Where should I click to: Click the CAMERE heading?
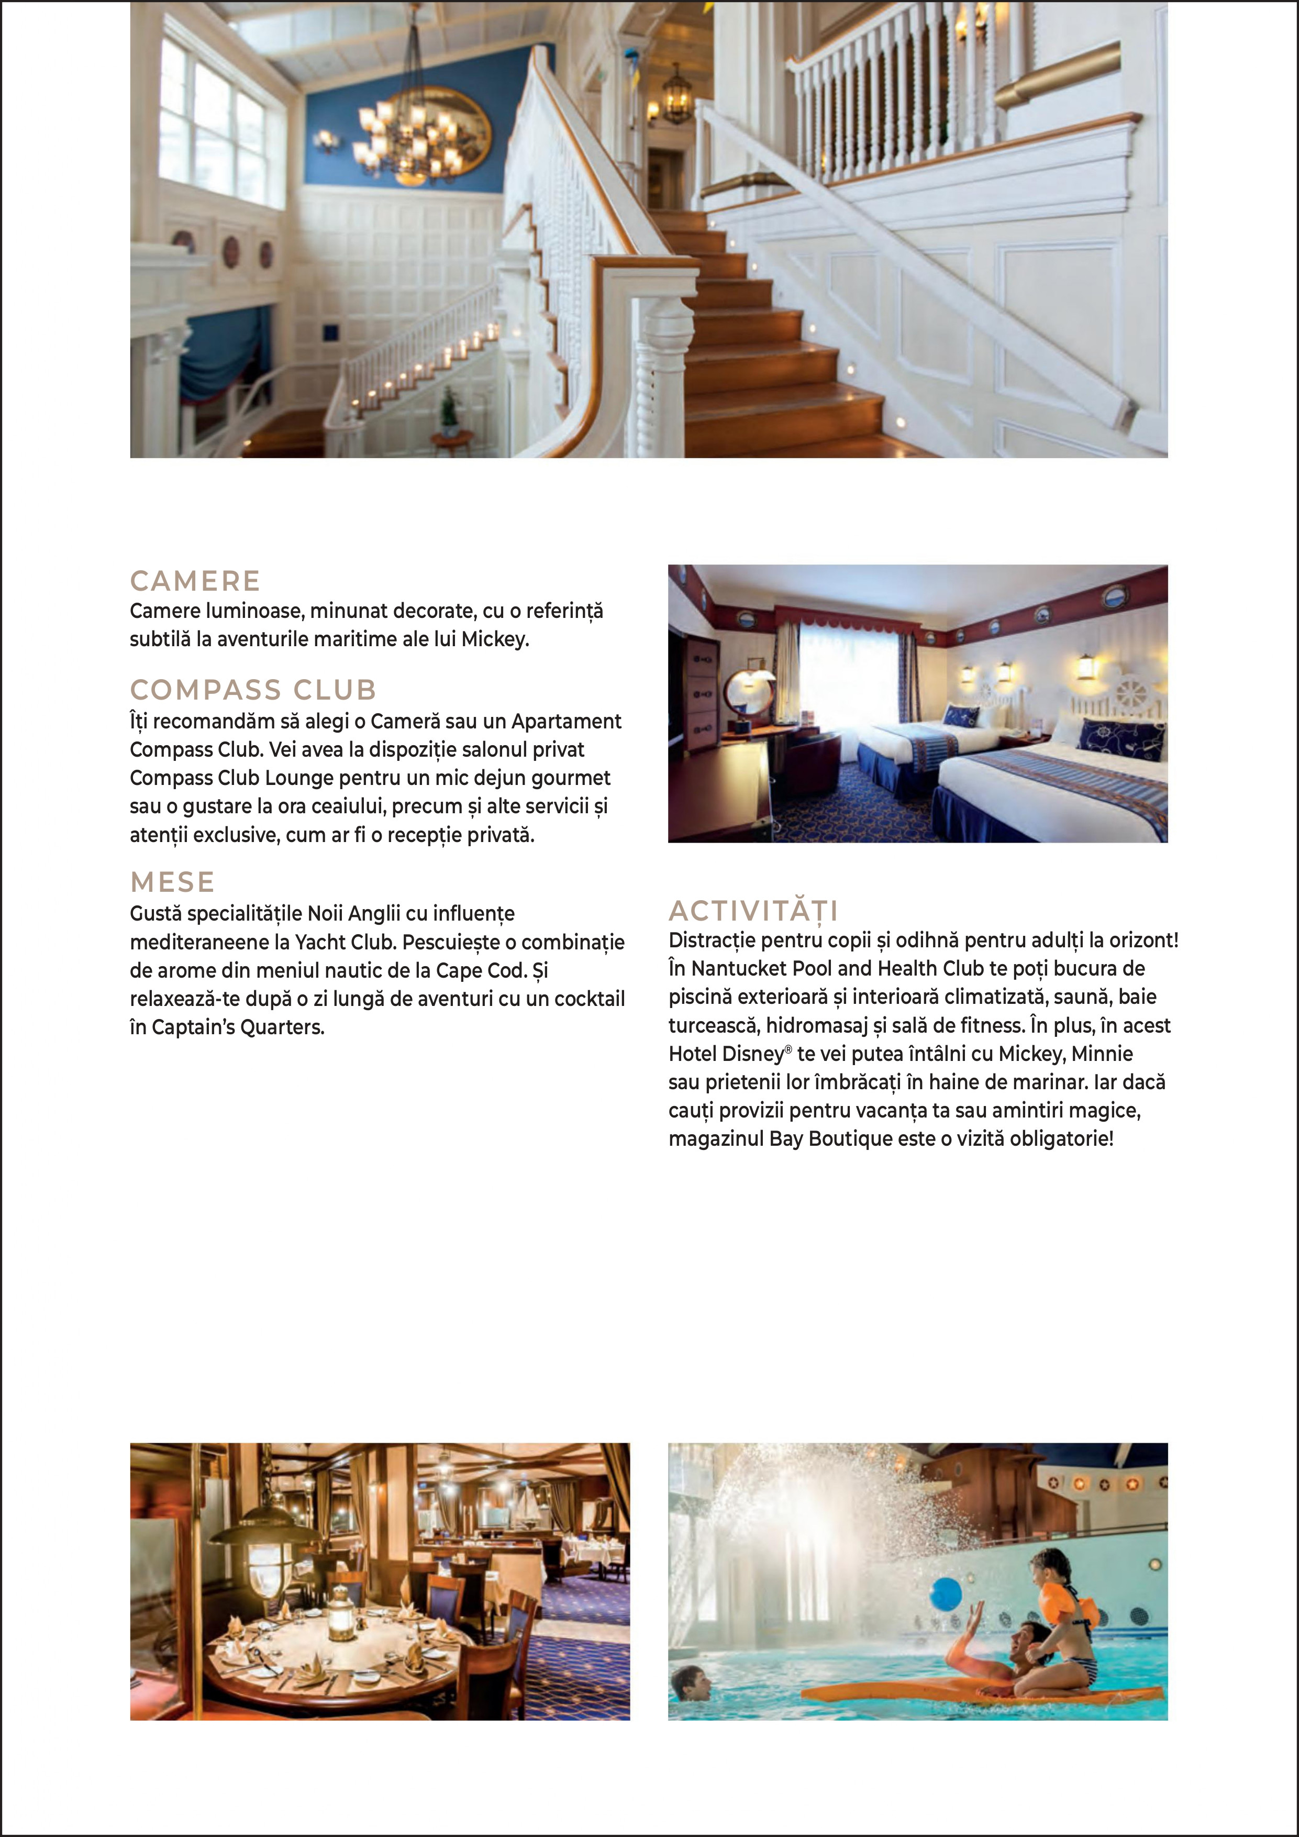pos(195,581)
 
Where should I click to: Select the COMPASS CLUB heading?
pos(253,690)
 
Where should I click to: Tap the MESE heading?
pos(172,882)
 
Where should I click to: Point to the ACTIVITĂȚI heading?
pos(753,911)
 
